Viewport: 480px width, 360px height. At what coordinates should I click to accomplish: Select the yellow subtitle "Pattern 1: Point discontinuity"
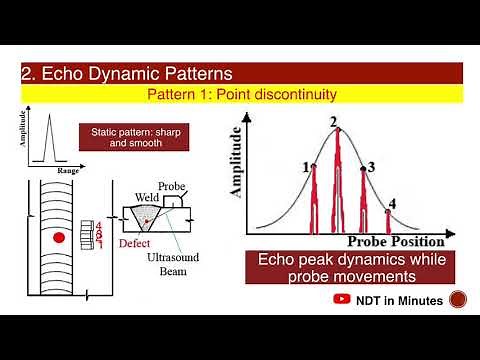(241, 93)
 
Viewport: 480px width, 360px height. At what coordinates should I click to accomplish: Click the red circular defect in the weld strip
(59, 237)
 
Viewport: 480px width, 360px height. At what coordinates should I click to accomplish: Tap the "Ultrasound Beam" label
(173, 264)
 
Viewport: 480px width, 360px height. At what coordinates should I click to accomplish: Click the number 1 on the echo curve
(305, 167)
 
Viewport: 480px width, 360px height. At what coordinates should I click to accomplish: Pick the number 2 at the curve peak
(334, 121)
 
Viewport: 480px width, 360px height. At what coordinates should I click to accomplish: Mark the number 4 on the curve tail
(393, 204)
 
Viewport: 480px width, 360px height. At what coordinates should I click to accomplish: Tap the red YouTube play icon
(341, 299)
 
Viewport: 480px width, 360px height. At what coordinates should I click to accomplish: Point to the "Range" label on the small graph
(67, 172)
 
